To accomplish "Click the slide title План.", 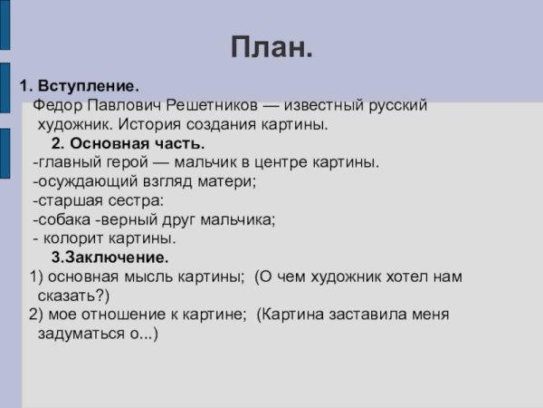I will coord(271,45).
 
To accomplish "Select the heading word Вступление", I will coord(87,87).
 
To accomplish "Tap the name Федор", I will coord(56,106).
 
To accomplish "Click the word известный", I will coord(316,106).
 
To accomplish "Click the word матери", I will coord(230,181).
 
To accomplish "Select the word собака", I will coord(65,219).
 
